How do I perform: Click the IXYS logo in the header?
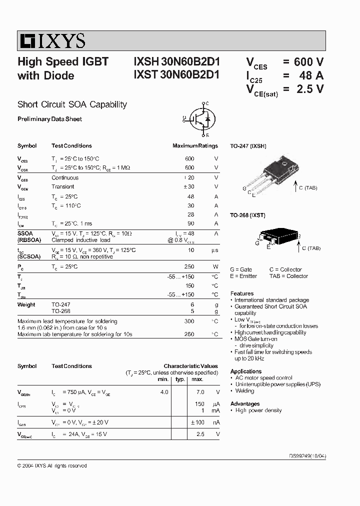pos(52,40)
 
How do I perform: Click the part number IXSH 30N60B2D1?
pos(176,62)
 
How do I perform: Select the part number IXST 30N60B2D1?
pos(176,75)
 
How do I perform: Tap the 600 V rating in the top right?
pos(308,62)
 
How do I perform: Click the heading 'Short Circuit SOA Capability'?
pos(72,104)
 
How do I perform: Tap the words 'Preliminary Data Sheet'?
pos(49,119)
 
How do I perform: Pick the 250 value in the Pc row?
pos(189,266)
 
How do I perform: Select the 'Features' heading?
pos(241,293)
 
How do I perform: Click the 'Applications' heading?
pos(245,371)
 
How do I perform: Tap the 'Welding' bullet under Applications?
pos(244,391)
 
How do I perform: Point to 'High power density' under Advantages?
pos(258,410)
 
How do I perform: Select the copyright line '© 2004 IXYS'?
pos(52,465)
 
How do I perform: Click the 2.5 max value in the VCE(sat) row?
pos(200,434)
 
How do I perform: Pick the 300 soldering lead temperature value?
pos(189,321)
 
